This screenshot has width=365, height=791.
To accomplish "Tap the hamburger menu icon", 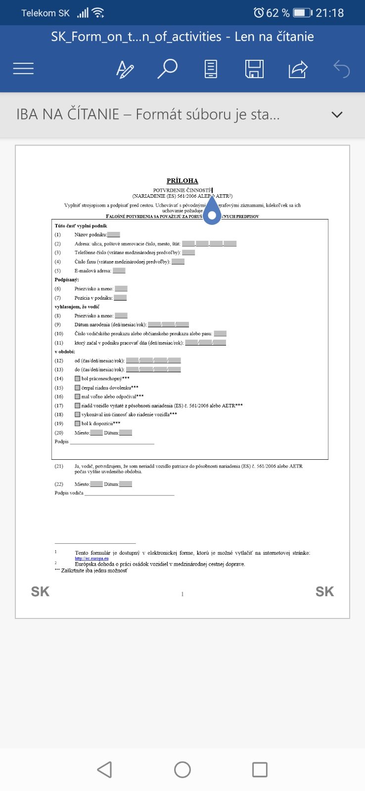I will [23, 69].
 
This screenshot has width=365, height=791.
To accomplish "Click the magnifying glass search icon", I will [167, 69].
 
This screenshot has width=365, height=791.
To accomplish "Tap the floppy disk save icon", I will [254, 69].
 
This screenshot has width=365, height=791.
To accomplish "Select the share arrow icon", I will [298, 69].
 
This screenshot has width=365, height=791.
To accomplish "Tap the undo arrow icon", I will [342, 69].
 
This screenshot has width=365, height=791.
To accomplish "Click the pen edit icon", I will [125, 69].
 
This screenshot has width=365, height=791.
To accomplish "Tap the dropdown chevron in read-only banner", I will [337, 115].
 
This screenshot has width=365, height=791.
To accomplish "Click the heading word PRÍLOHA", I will [182, 181].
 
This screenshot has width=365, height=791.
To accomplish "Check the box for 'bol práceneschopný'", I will [77, 379].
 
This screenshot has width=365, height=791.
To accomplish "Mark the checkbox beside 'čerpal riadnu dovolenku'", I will [77, 388].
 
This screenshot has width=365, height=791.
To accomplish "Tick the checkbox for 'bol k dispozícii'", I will [77, 424].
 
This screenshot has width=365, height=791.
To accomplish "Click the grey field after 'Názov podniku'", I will [113, 235].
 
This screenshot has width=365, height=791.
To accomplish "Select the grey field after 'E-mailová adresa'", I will [119, 271].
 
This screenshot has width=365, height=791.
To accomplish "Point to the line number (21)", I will [59, 466].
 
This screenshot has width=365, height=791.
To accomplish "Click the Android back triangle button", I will [104, 770].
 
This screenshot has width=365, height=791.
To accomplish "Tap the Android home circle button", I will [182, 770].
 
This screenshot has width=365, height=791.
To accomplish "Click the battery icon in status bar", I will [302, 13].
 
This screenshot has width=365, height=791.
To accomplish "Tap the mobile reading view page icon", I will [211, 69].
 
